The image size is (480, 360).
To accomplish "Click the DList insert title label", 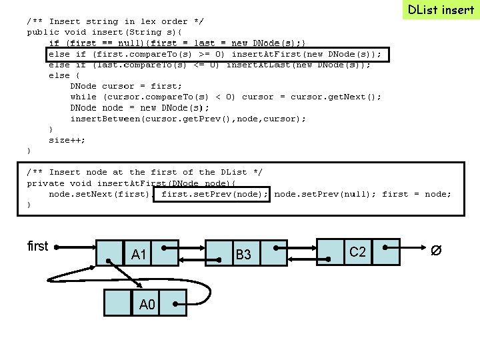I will [x=441, y=9].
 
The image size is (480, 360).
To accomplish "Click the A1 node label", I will [x=139, y=254].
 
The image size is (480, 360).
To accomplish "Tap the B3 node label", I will [x=243, y=254].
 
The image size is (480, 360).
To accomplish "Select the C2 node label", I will [x=358, y=251].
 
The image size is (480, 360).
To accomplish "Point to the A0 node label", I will [x=147, y=305].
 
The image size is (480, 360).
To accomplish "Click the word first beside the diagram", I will [x=37, y=246].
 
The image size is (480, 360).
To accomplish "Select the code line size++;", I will [x=67, y=140].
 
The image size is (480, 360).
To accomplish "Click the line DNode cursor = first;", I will [x=126, y=86].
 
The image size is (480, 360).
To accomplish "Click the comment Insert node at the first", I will [x=145, y=172].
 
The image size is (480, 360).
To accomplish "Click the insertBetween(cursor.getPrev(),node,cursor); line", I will [x=188, y=119].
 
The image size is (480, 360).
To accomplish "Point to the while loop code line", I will [x=225, y=97].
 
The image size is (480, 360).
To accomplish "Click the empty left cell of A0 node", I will [x=118, y=302].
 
